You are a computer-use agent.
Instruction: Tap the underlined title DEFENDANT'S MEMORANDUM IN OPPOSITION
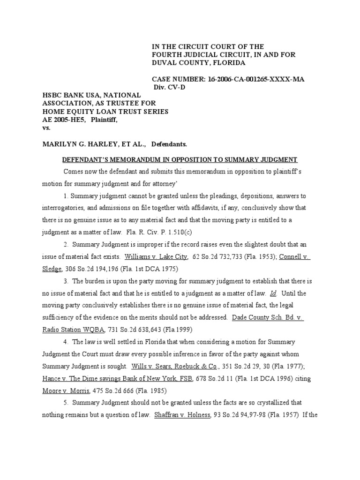[x=180, y=159]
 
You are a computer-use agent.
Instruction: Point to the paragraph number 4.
[x=66, y=342]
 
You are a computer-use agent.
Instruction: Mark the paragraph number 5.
[x=66, y=403]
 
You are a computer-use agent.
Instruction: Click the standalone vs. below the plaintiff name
[x=46, y=127]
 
